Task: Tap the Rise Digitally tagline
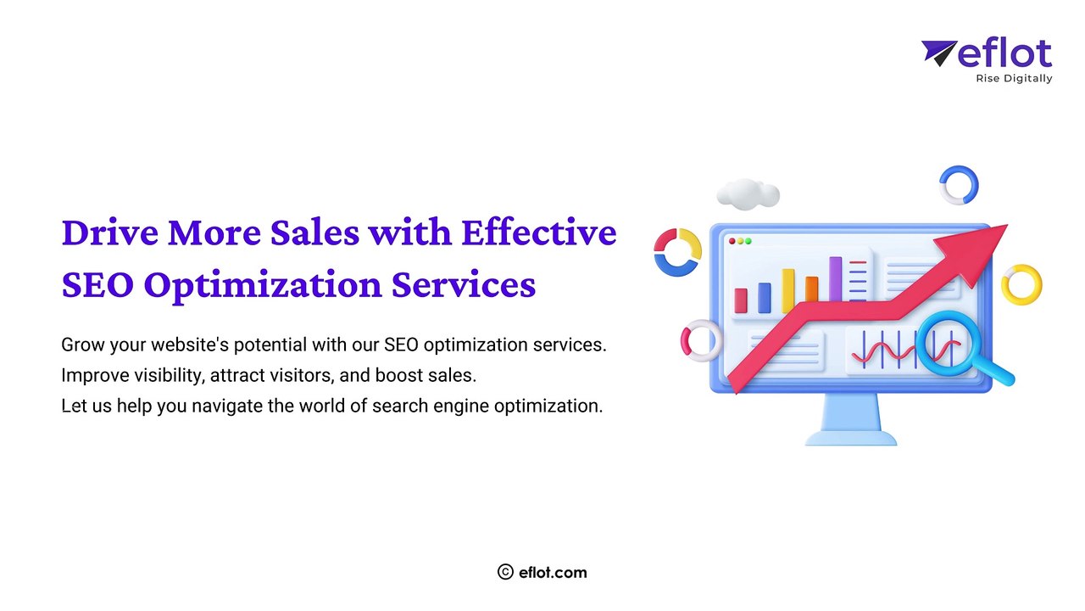coord(1014,79)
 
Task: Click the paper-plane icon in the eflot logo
coord(938,53)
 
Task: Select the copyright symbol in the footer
coord(506,572)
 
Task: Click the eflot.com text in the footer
coord(554,572)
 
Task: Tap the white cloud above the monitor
coord(748,193)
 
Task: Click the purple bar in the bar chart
coord(835,279)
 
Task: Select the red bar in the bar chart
coord(741,300)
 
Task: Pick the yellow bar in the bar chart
coord(788,291)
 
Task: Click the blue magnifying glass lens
coord(947,344)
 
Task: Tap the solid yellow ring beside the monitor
coord(1021,285)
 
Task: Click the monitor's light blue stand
coord(850,421)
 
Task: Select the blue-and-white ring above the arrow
coord(959,185)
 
